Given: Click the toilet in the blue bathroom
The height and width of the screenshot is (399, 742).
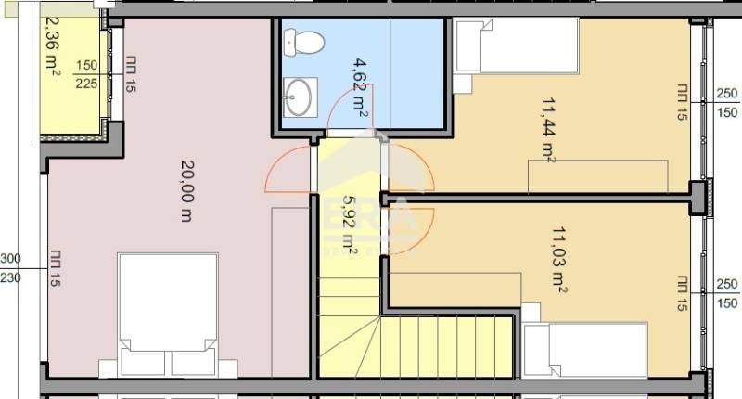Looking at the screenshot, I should point(303,43).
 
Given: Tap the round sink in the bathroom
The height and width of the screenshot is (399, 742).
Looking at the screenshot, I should point(300,97).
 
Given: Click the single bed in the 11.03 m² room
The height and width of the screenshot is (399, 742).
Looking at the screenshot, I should point(584,350).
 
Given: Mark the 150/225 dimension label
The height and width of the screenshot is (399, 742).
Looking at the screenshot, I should point(87,72).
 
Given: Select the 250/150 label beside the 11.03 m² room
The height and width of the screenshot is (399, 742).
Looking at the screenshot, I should point(727,294).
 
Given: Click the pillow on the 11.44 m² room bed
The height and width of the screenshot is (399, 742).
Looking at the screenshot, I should point(469,47).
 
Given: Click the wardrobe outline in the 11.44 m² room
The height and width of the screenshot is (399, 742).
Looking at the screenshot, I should point(597,174).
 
